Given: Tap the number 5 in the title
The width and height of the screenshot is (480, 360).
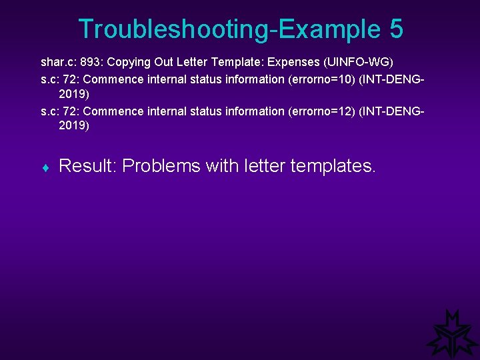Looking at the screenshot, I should point(394,29).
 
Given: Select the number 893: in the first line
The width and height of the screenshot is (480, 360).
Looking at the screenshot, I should point(90,63).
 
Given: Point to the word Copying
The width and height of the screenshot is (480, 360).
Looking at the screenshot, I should point(129,63).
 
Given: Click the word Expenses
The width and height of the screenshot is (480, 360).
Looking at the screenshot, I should point(293,63).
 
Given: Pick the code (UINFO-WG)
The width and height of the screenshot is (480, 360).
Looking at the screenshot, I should point(358,63).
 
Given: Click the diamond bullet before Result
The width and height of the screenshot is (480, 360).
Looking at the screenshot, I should point(45,167).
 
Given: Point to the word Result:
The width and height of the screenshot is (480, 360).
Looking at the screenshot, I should point(87,166).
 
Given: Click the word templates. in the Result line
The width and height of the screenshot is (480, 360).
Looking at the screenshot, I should point(333,166).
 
